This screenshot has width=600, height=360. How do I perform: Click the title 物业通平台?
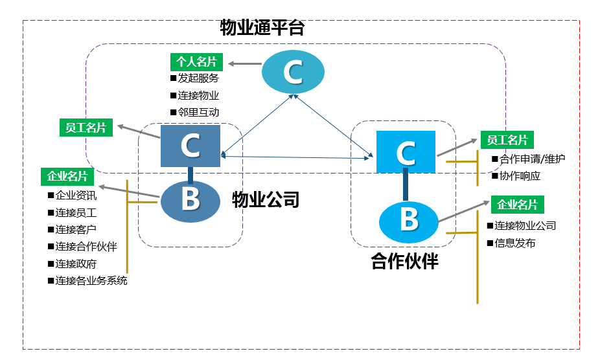click(x=262, y=28)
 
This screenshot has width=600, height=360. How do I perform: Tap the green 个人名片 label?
click(x=197, y=62)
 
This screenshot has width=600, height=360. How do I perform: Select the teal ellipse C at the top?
click(x=293, y=72)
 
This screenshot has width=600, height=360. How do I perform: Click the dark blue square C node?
click(x=190, y=146)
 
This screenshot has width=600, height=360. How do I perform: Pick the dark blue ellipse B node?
click(x=190, y=201)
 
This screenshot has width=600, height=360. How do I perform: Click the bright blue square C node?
click(x=406, y=152)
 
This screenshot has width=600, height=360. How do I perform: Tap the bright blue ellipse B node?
click(x=409, y=222)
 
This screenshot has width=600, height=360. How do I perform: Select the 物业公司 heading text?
click(x=266, y=199)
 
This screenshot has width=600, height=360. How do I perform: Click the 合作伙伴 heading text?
click(x=404, y=262)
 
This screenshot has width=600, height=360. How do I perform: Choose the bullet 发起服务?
click(x=195, y=78)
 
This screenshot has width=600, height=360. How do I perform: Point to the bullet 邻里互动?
click(x=195, y=112)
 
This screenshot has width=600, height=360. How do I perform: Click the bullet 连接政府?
click(x=73, y=264)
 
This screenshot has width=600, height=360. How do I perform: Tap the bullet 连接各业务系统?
click(x=87, y=280)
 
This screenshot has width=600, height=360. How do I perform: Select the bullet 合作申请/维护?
click(x=529, y=159)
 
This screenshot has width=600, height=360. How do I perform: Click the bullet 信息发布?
click(x=511, y=243)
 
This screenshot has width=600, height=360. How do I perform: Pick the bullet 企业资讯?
click(x=73, y=196)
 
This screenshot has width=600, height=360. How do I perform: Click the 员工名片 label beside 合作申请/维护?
click(x=507, y=140)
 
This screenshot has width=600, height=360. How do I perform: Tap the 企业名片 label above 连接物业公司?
click(x=517, y=205)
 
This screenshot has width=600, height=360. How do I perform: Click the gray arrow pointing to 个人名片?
click(x=245, y=63)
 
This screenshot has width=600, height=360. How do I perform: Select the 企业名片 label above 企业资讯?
click(x=67, y=176)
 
